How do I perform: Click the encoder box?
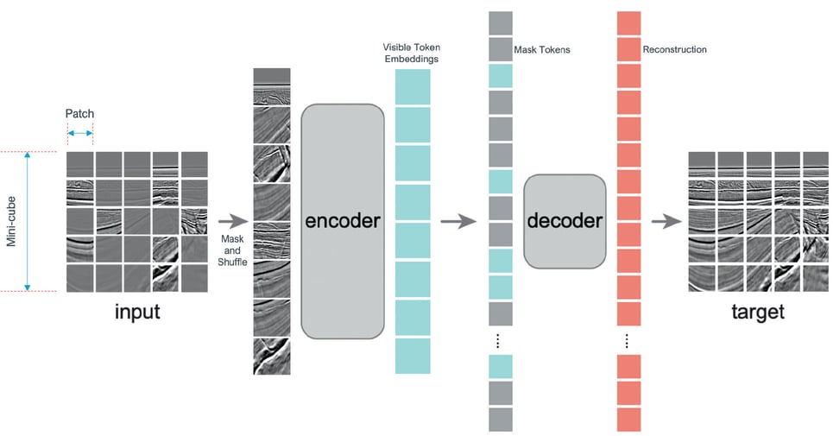point(342,221)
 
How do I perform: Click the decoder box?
point(565,221)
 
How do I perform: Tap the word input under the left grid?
point(137,312)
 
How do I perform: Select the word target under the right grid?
point(756,312)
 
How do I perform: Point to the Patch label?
point(79,114)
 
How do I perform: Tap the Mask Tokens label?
point(541,50)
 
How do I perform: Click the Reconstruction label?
point(674,50)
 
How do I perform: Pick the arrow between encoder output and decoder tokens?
point(458,222)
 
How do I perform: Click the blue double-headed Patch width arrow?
point(79,133)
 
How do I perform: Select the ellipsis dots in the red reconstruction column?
point(628,340)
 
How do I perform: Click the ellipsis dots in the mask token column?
point(500,340)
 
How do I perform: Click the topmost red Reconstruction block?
point(628,23)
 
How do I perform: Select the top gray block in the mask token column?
point(500,22)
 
